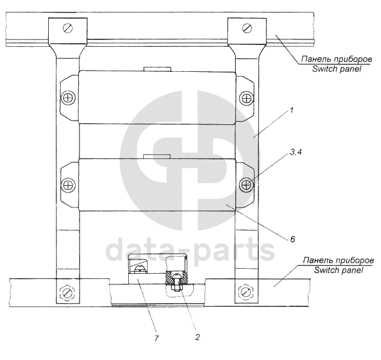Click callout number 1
point(291,110)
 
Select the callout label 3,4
point(295,152)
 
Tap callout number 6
point(292,239)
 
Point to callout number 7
point(156,338)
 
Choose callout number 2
point(197,337)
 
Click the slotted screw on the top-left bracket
point(68,28)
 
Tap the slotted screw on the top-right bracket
point(247,27)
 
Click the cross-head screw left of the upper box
point(69,98)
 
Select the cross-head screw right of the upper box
point(246,98)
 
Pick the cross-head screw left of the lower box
point(69,186)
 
